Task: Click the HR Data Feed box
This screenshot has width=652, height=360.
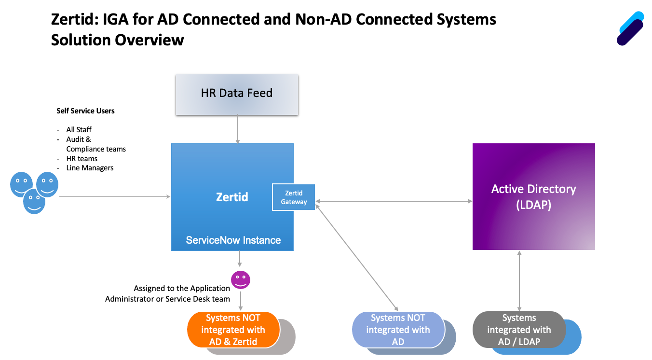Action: pyautogui.click(x=237, y=94)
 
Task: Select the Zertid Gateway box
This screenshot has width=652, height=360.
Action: pyautogui.click(x=294, y=197)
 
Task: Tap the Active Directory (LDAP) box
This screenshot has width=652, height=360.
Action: pyautogui.click(x=533, y=196)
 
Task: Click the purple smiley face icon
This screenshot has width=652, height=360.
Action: pyautogui.click(x=241, y=280)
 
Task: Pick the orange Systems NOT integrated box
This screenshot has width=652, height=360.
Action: pyautogui.click(x=233, y=330)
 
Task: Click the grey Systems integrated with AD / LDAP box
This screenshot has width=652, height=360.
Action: pyautogui.click(x=519, y=330)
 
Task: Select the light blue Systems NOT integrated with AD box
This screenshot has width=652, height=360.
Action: pyautogui.click(x=398, y=330)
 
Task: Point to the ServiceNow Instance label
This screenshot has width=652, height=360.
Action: pyautogui.click(x=233, y=240)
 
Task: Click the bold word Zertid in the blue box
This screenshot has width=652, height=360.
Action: pyautogui.click(x=232, y=197)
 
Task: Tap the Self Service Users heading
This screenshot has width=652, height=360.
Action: pyautogui.click(x=86, y=111)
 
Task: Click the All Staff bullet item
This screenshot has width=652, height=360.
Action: pyautogui.click(x=79, y=130)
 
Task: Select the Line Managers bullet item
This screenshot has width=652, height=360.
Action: pyautogui.click(x=90, y=168)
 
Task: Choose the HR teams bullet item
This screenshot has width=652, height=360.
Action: pyautogui.click(x=82, y=158)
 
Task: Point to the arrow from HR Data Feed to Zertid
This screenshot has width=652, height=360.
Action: pyautogui.click(x=237, y=129)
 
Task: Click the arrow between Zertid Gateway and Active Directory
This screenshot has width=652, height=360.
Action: pyautogui.click(x=394, y=201)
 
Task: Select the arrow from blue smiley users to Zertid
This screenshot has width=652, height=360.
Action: pyautogui.click(x=115, y=196)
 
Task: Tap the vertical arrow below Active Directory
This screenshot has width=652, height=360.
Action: pyautogui.click(x=519, y=280)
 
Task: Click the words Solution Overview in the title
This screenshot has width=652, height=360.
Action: pyautogui.click(x=117, y=40)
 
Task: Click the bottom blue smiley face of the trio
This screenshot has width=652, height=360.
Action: pyautogui.click(x=34, y=201)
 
